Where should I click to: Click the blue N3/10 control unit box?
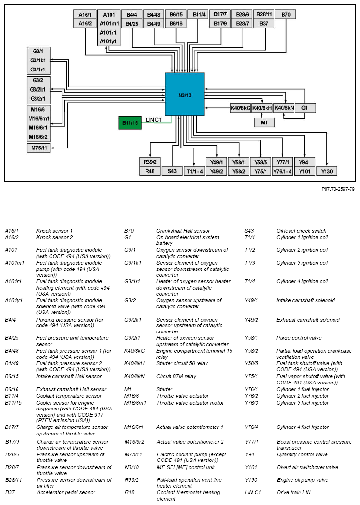click(x=184, y=94)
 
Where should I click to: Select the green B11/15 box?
click(x=130, y=123)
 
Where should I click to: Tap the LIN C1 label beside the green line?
click(x=154, y=120)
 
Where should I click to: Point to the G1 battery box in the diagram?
click(x=305, y=108)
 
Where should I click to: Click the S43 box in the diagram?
click(x=172, y=171)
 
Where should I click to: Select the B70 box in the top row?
click(x=285, y=15)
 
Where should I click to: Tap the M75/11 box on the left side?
click(x=39, y=148)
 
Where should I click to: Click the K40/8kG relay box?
click(x=240, y=108)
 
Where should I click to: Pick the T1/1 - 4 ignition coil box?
click(x=194, y=171)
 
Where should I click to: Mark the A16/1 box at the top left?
click(x=85, y=15)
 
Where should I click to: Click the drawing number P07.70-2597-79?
click(x=338, y=189)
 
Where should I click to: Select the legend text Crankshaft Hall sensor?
click(x=183, y=231)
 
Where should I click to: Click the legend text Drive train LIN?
click(x=293, y=492)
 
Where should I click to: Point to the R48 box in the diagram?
click(x=150, y=171)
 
